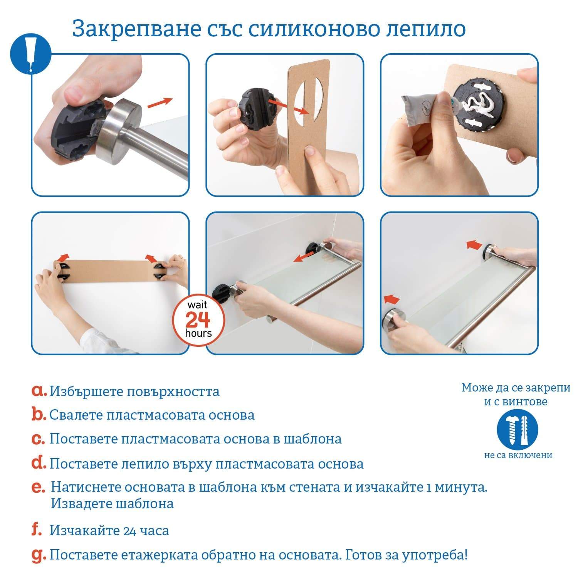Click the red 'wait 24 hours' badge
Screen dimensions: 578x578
(x=198, y=320)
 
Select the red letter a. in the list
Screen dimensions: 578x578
(x=39, y=391)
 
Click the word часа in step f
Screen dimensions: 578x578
(x=154, y=531)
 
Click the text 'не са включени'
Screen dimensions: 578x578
(x=518, y=455)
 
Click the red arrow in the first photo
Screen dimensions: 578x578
(x=160, y=103)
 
